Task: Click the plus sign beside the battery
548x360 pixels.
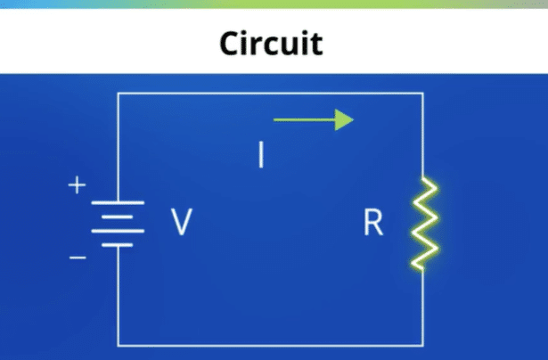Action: pyautogui.click(x=78, y=185)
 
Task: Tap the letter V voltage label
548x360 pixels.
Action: pyautogui.click(x=181, y=223)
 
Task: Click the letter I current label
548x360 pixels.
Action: pyautogui.click(x=260, y=156)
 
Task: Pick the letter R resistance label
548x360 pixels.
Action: pyautogui.click(x=372, y=224)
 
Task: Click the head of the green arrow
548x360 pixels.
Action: pyautogui.click(x=346, y=119)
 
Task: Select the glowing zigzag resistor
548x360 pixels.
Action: pyautogui.click(x=421, y=223)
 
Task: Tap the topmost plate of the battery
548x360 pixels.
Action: pyautogui.click(x=118, y=201)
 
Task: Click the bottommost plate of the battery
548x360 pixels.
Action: pyautogui.click(x=118, y=244)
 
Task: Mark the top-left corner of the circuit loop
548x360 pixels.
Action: pyautogui.click(x=119, y=93)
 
